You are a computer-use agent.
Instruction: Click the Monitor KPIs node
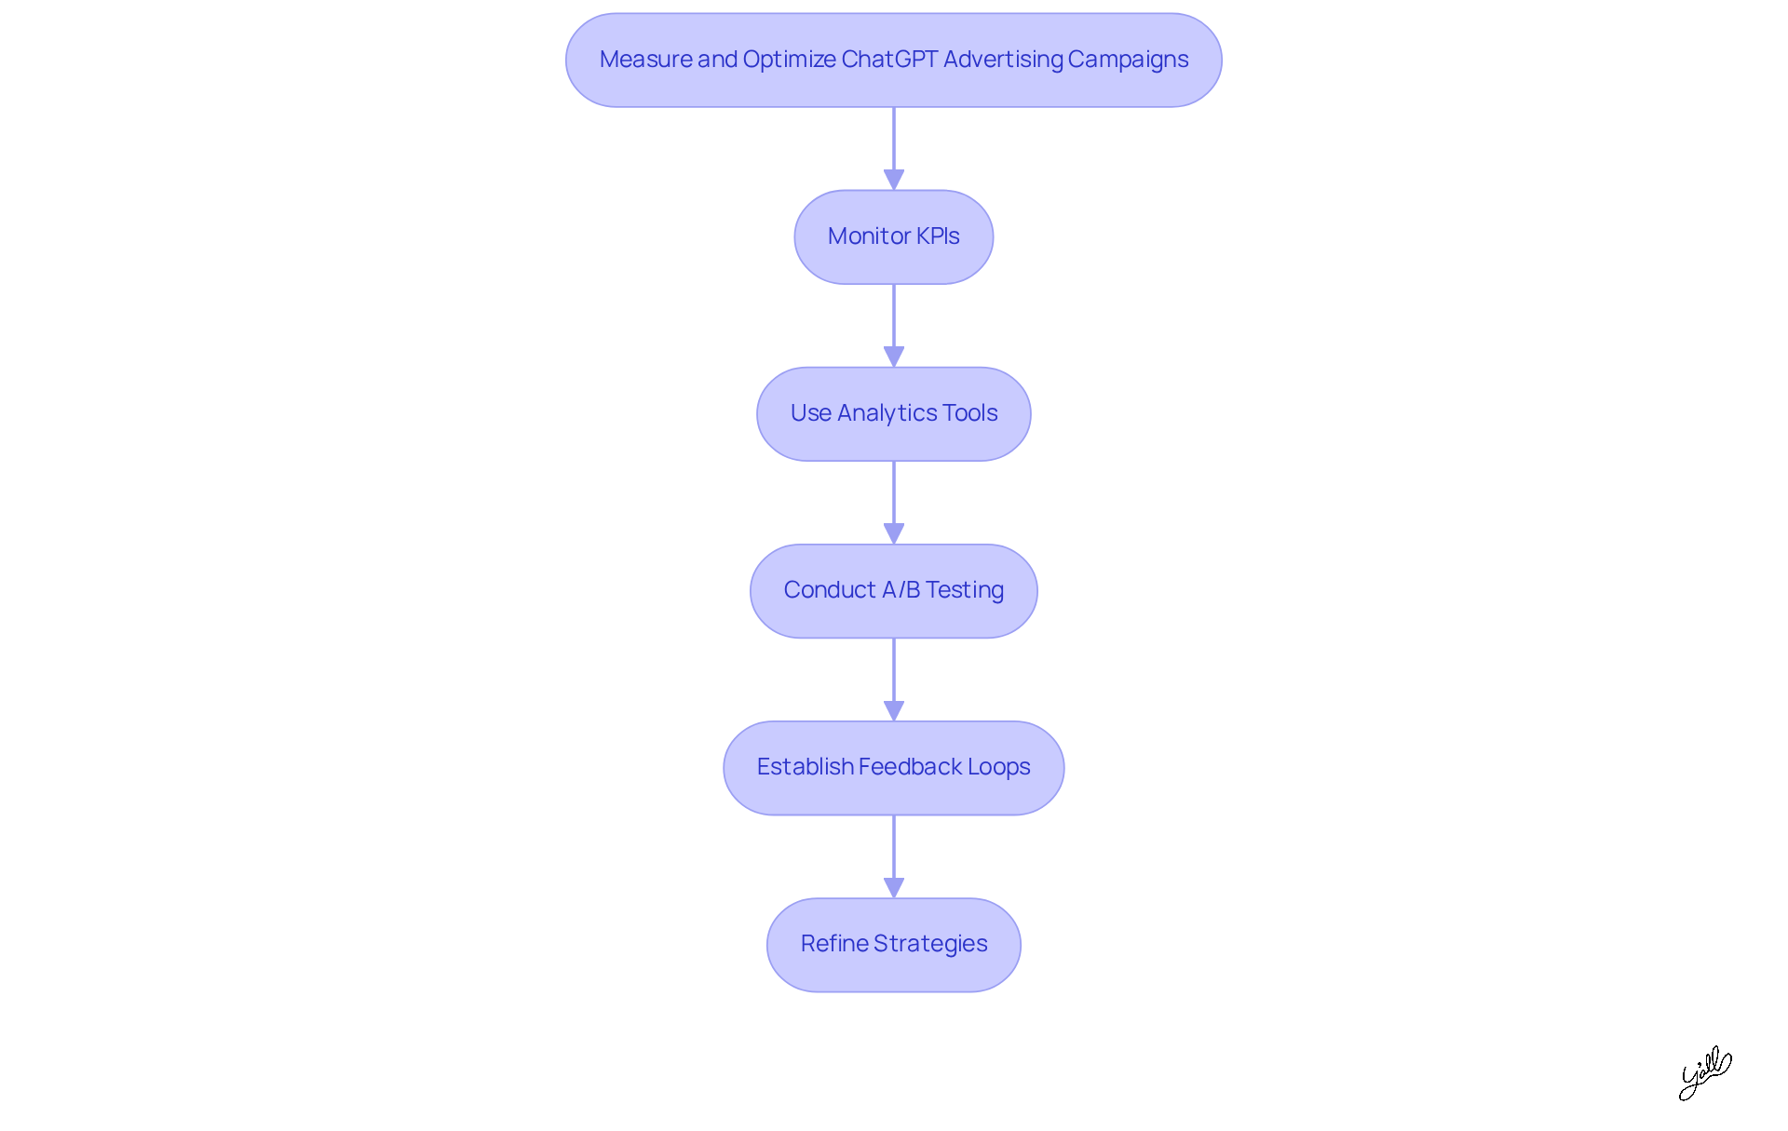893,237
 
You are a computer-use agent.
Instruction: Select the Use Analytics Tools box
893,414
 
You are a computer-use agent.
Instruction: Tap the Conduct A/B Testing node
893,591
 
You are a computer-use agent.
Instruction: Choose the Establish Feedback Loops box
893,768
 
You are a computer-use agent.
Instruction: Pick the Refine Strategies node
893,945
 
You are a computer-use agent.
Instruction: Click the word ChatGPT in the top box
888,60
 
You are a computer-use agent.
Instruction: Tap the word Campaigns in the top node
1128,60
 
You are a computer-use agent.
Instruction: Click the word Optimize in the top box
789,60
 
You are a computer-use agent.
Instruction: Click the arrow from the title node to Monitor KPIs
894,149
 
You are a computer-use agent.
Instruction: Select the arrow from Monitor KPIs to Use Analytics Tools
894,326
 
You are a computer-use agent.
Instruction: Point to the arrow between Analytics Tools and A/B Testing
894,503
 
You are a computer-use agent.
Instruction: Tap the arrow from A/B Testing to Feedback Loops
894,680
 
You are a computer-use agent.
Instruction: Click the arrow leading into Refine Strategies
894,856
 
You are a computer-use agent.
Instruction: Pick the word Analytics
887,413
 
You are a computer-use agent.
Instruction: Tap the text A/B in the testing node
901,590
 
